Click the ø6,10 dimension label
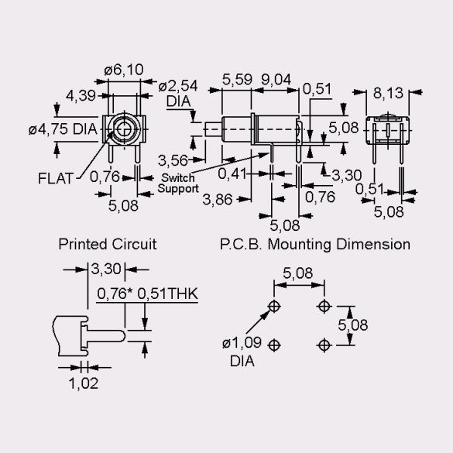[x=124, y=70]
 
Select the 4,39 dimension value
[x=81, y=95]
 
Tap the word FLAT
[x=56, y=178]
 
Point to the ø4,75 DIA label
[x=63, y=129]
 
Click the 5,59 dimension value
[x=237, y=80]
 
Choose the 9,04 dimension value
[x=276, y=80]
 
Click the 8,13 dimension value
[x=388, y=93]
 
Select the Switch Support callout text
[x=178, y=183]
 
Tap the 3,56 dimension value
[x=173, y=160]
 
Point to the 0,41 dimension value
[x=232, y=173]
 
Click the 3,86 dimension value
[x=218, y=199]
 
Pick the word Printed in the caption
[x=83, y=244]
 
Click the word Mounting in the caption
[x=299, y=245]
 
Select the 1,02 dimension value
[x=84, y=383]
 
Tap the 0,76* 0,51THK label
[x=147, y=293]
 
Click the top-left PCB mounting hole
[x=274, y=306]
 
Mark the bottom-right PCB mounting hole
[x=324, y=345]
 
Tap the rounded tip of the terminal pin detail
[x=124, y=336]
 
